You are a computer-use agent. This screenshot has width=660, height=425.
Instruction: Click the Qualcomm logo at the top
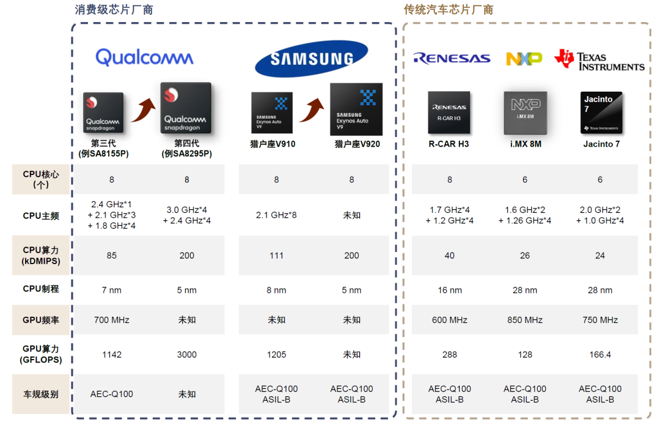pos(144,57)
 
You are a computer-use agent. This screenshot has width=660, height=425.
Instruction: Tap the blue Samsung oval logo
pos(312,59)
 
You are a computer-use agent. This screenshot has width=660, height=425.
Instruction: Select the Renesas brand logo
pos(452,59)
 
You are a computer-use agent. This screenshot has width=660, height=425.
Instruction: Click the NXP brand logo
pos(524,59)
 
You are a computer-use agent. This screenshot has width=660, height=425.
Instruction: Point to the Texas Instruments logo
pos(599,60)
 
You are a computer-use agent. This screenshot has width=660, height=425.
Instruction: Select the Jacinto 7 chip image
pos(601,113)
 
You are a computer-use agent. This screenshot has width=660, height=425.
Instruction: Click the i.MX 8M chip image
pos(525,113)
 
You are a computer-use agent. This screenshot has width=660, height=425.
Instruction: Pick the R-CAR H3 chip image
pos(449,113)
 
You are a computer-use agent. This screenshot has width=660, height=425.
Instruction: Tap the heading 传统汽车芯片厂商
pos(449,10)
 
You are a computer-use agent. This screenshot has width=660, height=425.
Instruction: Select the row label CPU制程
pos(41,289)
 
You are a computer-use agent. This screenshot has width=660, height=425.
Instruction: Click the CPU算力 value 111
pos(276,256)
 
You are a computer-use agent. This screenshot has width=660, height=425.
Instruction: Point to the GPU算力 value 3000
pos(187,355)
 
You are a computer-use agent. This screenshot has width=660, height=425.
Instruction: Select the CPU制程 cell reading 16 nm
pos(450,290)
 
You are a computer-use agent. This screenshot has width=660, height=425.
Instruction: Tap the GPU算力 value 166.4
pos(600,355)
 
